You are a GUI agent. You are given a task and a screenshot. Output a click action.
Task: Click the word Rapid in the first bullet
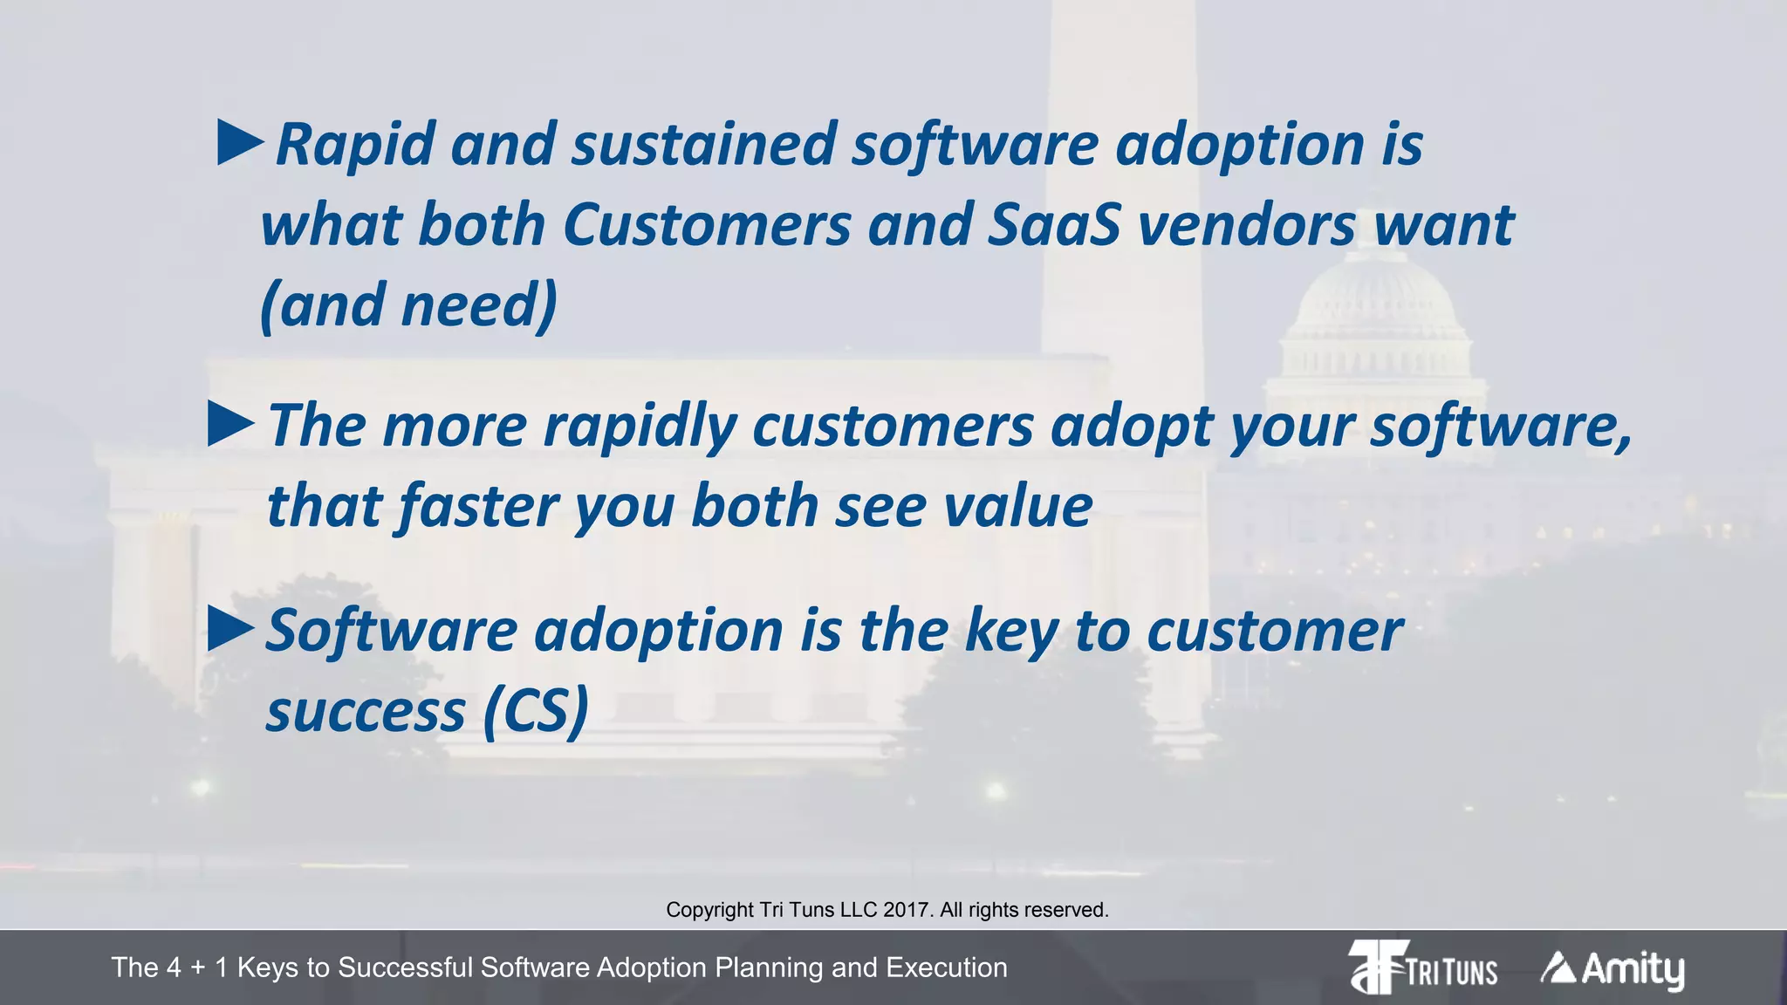click(355, 145)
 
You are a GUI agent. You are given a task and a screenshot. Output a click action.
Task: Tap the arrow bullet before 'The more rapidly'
click(231, 425)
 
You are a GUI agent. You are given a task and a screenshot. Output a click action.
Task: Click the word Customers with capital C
click(707, 225)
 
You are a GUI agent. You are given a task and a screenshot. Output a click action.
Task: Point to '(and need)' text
click(408, 305)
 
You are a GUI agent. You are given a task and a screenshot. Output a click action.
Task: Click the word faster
click(476, 506)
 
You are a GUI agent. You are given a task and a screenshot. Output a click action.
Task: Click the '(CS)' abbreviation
click(535, 711)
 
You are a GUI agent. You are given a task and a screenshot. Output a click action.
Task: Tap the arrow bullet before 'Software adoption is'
click(231, 630)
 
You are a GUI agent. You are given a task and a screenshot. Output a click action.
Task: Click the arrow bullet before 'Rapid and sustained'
click(240, 143)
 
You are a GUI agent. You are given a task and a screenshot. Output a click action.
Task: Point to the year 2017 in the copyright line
click(906, 910)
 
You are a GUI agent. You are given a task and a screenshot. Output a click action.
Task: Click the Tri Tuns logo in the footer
click(1422, 967)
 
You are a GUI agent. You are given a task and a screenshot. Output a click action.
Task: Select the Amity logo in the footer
click(1612, 968)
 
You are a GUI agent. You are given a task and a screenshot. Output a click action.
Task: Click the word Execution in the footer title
click(947, 967)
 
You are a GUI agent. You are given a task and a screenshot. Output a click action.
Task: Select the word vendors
click(1247, 225)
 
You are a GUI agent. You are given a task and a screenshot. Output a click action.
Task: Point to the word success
click(366, 711)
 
